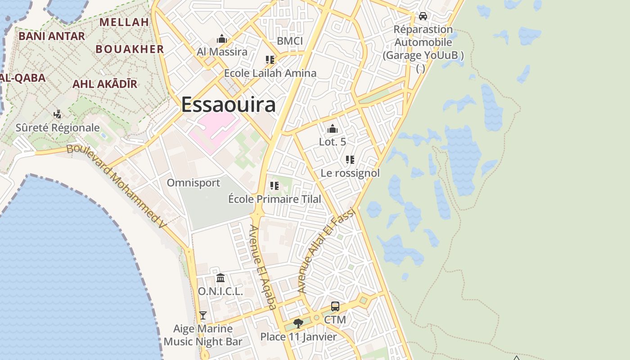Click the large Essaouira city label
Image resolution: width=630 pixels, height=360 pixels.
[x=228, y=105]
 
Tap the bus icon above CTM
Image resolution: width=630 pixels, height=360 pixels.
[x=335, y=306]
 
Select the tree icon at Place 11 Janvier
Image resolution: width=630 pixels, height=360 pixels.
[x=298, y=323]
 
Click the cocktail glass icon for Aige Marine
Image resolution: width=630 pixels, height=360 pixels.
[x=203, y=315]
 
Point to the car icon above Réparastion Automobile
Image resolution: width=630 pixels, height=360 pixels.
[x=423, y=16]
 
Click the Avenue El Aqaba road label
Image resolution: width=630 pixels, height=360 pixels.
[x=262, y=267]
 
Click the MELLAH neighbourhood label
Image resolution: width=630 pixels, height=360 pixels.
[x=124, y=22]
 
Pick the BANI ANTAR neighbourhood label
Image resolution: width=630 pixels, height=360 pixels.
[x=52, y=36]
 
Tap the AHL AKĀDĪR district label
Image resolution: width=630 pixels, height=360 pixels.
[x=105, y=84]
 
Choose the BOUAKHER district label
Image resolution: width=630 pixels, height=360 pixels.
[x=130, y=49]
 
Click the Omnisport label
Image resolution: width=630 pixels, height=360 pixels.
[x=193, y=183]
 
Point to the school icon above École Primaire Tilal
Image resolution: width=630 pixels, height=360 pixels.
[x=274, y=186]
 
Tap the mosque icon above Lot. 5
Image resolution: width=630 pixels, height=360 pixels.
[x=333, y=129]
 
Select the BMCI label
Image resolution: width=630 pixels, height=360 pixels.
[x=290, y=41]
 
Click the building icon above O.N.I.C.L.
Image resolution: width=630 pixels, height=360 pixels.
[x=220, y=278]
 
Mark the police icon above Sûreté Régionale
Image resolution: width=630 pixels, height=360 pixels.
[x=58, y=114]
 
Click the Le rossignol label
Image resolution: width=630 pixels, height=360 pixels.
[x=350, y=173]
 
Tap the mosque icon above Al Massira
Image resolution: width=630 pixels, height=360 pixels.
[x=222, y=39]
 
